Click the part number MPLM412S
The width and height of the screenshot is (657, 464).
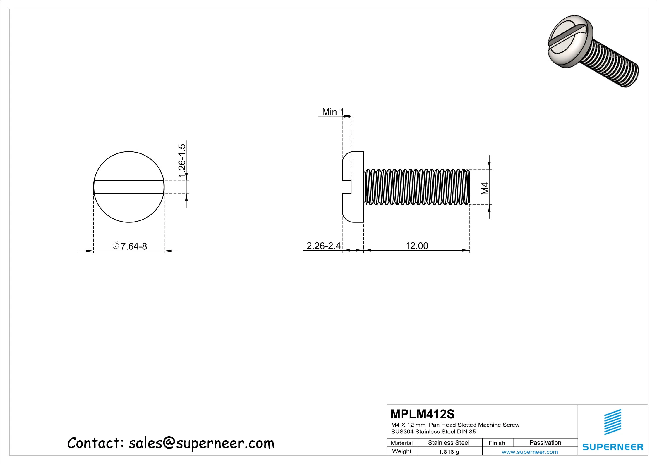pos(422,414)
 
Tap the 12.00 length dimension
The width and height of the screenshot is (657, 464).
pos(416,246)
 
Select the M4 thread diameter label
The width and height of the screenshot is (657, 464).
pos(485,188)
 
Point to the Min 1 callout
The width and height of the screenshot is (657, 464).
pos(333,112)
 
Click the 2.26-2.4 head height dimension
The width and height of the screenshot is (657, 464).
pos(323,246)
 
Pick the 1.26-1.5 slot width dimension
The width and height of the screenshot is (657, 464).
pos(182,160)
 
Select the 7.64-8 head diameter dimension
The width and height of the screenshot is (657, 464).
pos(133,246)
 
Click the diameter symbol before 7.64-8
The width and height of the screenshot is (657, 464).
pos(116,246)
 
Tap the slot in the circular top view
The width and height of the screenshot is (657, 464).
pos(129,187)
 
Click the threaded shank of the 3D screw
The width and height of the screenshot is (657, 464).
pos(612,64)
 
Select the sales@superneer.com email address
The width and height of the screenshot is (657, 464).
pos(202,443)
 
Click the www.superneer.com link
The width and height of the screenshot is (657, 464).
pos(530,452)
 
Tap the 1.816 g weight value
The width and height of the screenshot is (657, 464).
pos(449,452)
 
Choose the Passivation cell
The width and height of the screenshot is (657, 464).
pos(545,443)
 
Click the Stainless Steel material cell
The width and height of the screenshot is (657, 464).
pos(449,443)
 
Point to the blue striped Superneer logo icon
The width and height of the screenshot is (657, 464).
pos(613,422)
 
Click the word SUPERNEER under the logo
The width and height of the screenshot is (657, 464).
pos(613,447)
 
